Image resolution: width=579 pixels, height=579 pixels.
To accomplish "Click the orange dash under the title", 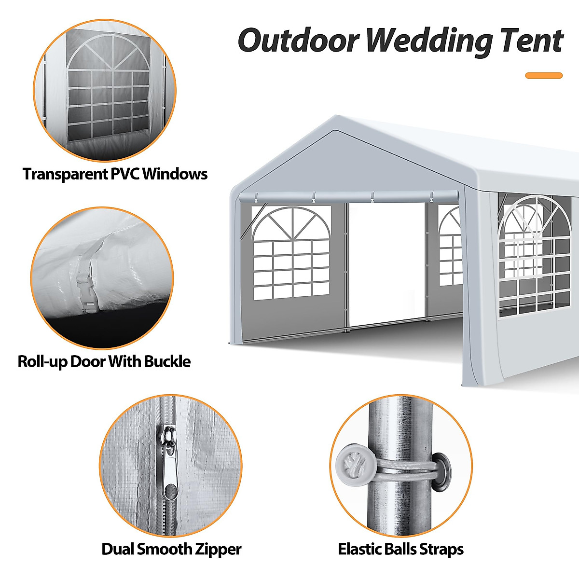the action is click(544, 75).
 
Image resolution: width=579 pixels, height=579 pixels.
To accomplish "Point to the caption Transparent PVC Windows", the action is click(115, 174).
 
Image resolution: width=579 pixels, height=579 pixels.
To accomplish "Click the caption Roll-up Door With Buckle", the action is click(104, 361).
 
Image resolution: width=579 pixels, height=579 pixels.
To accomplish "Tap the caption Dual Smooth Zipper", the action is click(171, 549).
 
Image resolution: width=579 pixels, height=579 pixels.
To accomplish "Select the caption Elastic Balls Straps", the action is click(400, 549).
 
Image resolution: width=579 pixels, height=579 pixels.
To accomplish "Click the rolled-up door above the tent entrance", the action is click(347, 196).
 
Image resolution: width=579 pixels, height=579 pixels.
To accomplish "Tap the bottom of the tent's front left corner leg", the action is click(236, 342).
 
